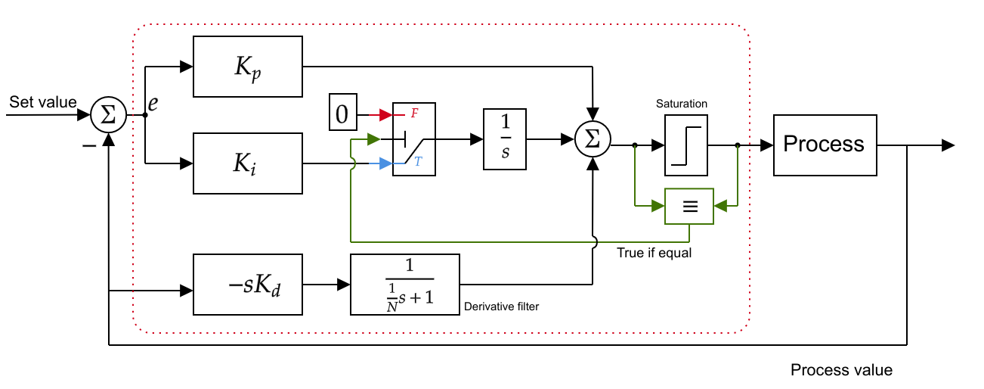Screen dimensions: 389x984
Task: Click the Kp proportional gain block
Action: pyautogui.click(x=248, y=67)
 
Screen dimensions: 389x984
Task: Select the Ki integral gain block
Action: pyautogui.click(x=248, y=163)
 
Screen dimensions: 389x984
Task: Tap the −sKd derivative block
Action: pyautogui.click(x=248, y=285)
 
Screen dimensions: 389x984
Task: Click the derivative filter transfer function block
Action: pyautogui.click(x=405, y=285)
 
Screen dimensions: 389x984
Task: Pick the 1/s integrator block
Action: pyautogui.click(x=505, y=139)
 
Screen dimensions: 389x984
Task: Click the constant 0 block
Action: pyautogui.click(x=342, y=114)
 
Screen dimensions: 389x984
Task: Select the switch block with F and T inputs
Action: pyautogui.click(x=414, y=139)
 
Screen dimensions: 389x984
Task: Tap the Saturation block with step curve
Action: pyautogui.click(x=686, y=145)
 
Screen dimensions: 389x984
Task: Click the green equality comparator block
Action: pyautogui.click(x=688, y=206)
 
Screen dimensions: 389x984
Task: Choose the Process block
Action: pyautogui.click(x=825, y=145)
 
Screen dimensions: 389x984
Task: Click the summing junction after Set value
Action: pyautogui.click(x=108, y=115)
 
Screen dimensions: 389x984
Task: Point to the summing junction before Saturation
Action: pyautogui.click(x=593, y=139)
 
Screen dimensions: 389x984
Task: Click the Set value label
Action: pyautogui.click(x=43, y=101)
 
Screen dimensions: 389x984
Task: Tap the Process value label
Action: pyautogui.click(x=841, y=370)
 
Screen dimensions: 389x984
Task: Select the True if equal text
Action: pyautogui.click(x=654, y=253)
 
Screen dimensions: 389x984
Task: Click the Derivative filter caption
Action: pyautogui.click(x=501, y=306)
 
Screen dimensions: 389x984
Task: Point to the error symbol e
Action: pyautogui.click(x=153, y=103)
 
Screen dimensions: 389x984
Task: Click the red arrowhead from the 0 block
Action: pyautogui.click(x=386, y=115)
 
